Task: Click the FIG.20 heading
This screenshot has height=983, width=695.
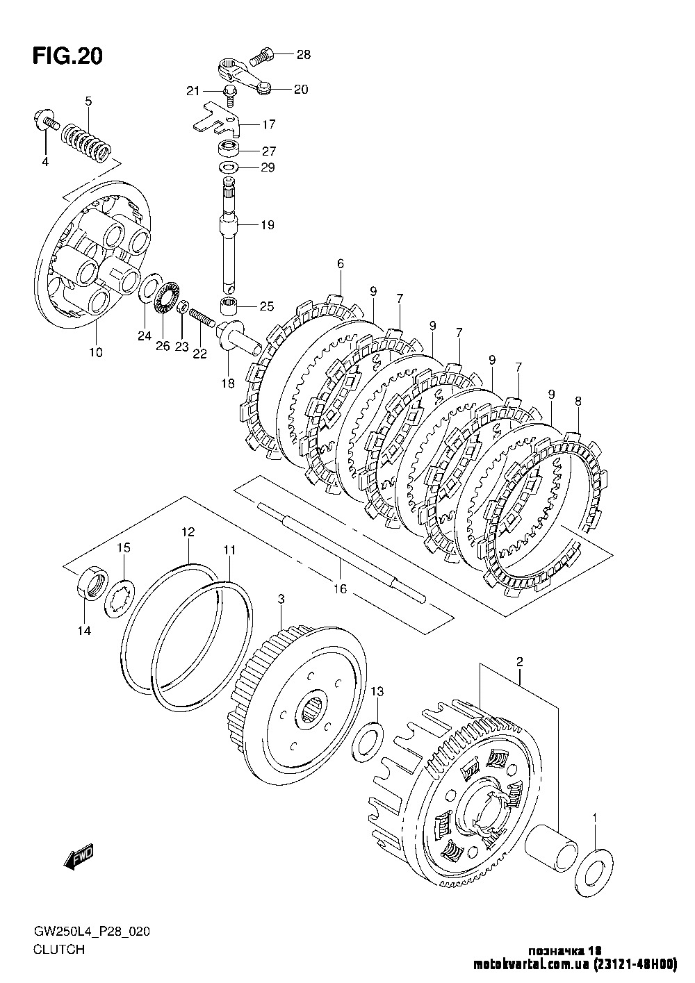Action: click(67, 56)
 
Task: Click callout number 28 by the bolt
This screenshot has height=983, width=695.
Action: click(304, 54)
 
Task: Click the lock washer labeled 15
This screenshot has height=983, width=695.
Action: click(118, 596)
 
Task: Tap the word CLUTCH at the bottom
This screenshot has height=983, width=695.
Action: click(58, 949)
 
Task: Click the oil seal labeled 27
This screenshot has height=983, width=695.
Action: click(227, 148)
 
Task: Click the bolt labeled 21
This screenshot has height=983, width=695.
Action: click(229, 92)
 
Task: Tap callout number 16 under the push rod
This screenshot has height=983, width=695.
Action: click(340, 589)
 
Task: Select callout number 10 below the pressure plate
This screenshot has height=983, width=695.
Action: click(96, 352)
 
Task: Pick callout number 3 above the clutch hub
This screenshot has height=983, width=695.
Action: click(280, 599)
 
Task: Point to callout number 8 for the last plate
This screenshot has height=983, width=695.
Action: click(578, 401)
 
